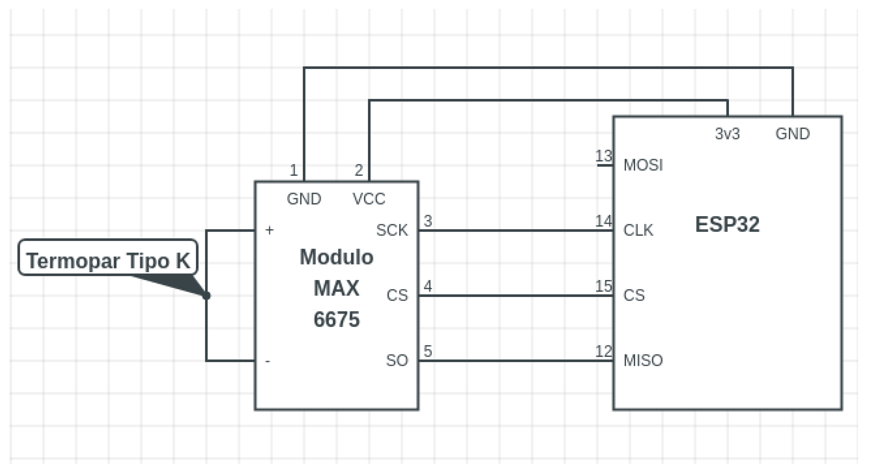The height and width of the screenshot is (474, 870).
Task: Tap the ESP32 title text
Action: [x=727, y=224]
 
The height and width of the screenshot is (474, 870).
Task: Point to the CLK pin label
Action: [x=638, y=230]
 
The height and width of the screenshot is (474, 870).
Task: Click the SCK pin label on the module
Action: [x=392, y=230]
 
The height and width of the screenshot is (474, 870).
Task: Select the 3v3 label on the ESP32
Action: [x=727, y=134]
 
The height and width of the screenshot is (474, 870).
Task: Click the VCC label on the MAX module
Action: [x=369, y=199]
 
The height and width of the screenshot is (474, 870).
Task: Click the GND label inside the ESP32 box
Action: [x=792, y=134]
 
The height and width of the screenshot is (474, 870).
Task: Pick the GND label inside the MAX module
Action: [x=304, y=199]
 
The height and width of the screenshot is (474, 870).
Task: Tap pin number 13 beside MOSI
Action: [x=603, y=156]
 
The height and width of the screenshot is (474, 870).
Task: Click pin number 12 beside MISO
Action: [x=603, y=351]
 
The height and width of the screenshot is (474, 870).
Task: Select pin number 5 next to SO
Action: [x=428, y=351]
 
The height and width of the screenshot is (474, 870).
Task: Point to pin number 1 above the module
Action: [x=293, y=170]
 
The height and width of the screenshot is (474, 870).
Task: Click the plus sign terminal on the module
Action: [x=269, y=230]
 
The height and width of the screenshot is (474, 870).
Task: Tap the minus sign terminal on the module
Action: [x=268, y=361]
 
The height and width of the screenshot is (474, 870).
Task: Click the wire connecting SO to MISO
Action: [x=515, y=361]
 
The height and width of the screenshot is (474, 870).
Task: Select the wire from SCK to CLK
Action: [x=515, y=231]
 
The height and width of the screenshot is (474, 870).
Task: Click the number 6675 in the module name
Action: [x=336, y=319]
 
